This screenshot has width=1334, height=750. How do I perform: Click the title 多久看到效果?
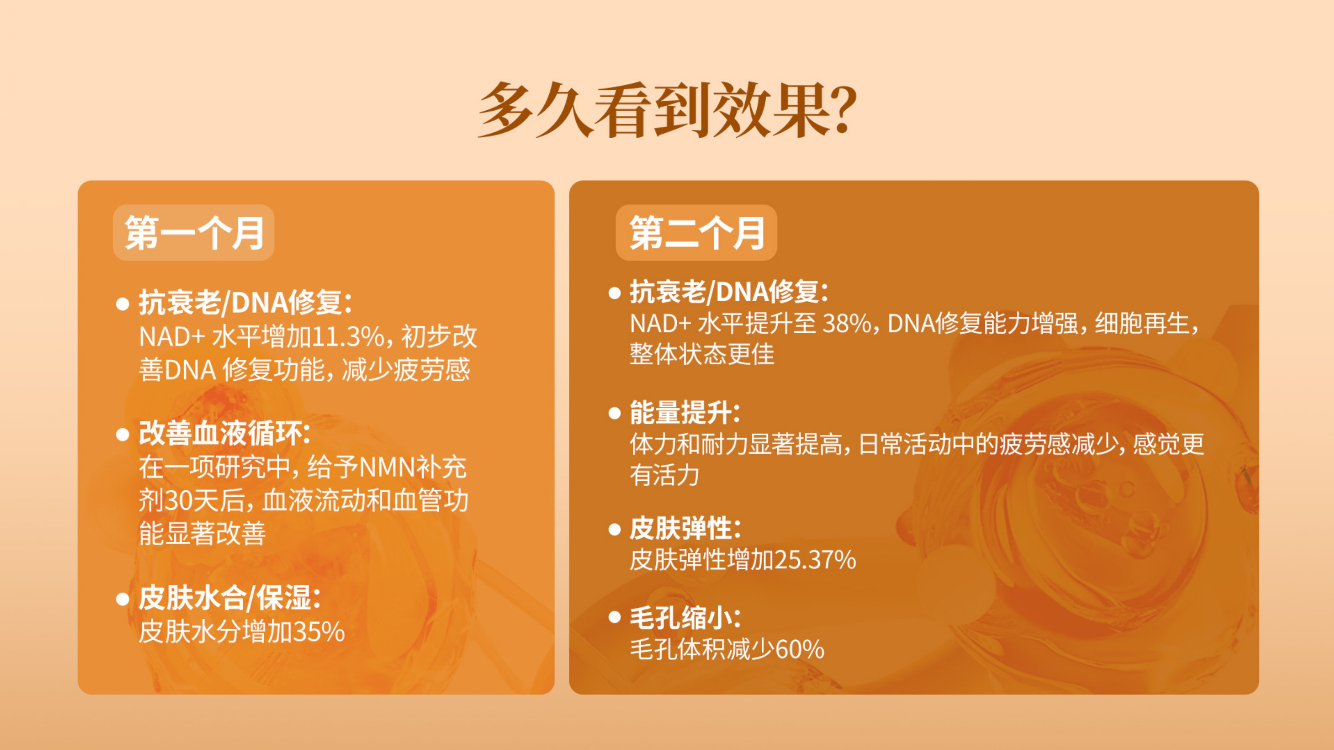667,110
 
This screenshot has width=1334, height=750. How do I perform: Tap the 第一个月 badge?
194,232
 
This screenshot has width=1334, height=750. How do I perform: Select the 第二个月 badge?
696,232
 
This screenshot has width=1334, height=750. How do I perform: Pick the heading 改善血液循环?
224,433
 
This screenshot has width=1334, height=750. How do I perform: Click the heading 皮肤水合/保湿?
229,598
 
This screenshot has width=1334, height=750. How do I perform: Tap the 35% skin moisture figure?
319,632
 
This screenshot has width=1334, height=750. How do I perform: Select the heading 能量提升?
685,412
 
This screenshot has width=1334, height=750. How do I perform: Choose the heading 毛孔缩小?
685,618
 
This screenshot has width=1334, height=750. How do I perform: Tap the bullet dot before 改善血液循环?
123,434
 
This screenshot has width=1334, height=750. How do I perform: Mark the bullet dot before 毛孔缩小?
615,617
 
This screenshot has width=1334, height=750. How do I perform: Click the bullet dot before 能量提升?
615,413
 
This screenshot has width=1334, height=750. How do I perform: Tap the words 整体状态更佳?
702,355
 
